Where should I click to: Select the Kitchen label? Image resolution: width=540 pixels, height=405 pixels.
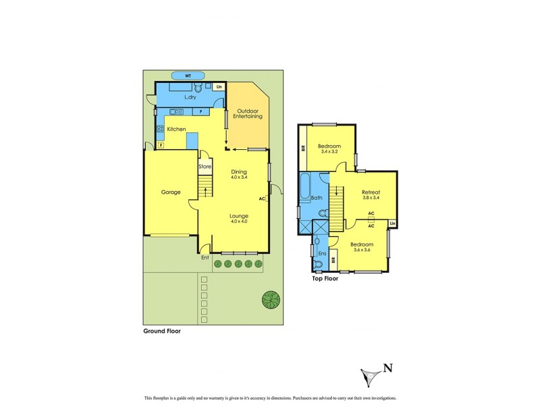point(176,129)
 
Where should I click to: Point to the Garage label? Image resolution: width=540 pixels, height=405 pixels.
point(170,192)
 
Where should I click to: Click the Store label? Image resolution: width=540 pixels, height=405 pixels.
point(205,167)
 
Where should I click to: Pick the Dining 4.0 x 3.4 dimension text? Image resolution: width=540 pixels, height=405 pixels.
point(240,177)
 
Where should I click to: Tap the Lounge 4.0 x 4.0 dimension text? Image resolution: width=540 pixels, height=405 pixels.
point(239,221)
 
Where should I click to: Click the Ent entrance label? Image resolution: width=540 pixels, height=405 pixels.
point(205,257)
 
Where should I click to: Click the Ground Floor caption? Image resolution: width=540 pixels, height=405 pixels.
point(162,331)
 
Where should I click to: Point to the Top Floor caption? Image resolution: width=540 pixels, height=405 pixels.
point(325,278)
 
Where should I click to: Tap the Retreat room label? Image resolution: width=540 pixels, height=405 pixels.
point(371,192)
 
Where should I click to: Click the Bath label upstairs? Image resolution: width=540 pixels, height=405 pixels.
point(316,198)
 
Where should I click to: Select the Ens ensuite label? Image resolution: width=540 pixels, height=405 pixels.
point(322,254)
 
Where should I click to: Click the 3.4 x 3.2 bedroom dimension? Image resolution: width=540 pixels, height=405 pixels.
point(329,152)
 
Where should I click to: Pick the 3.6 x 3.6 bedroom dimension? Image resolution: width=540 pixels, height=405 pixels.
point(362,250)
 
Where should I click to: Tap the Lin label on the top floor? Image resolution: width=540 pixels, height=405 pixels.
point(392,223)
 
